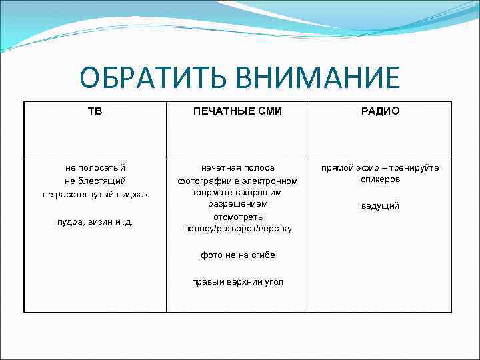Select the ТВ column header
coord(95,111)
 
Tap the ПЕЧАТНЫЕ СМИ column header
coord(237,111)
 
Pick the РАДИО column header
coord(380,111)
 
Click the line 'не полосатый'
coord(95,168)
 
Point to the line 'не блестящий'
coord(95,181)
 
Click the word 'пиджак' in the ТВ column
coord(131,194)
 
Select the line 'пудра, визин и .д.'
coord(95,221)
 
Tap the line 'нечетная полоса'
coord(237,168)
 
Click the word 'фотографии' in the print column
coord(200,181)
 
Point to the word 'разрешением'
coord(237,204)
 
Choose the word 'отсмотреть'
coord(237,217)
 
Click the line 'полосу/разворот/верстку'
coord(237,229)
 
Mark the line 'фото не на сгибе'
coord(237,255)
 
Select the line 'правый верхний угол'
coord(237,282)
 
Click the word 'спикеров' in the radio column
coord(380,179)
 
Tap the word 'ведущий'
coord(380,206)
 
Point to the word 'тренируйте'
coord(417,168)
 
